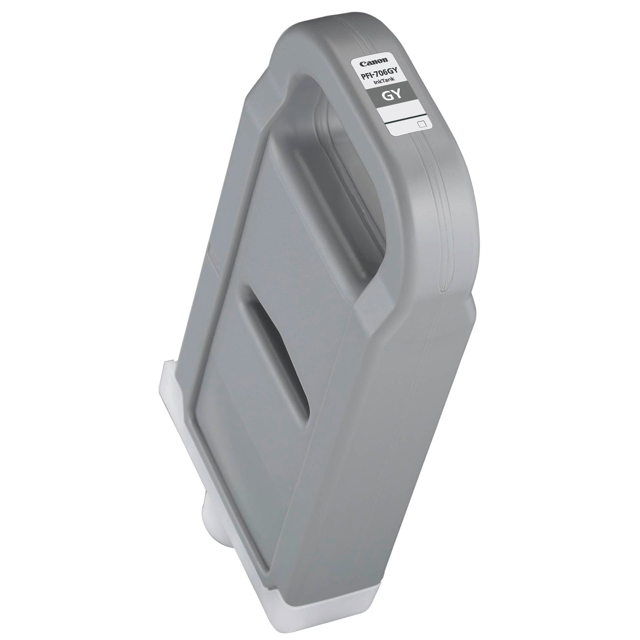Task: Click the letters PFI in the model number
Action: tap(362, 75)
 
